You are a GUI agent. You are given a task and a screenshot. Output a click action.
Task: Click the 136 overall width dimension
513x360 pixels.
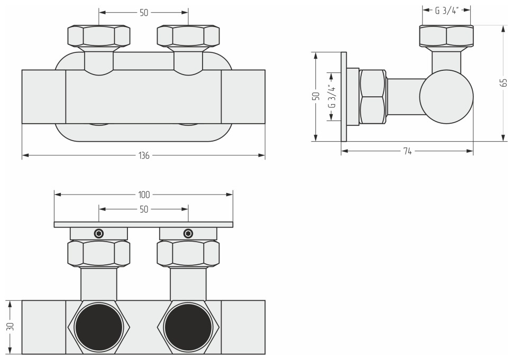coord(144,155)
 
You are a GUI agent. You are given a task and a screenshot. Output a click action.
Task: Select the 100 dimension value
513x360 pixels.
coord(144,195)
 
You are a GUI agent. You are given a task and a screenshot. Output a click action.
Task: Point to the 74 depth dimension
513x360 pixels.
coord(407,151)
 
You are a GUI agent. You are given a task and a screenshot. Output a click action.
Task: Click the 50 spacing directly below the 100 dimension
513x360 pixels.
coord(144,209)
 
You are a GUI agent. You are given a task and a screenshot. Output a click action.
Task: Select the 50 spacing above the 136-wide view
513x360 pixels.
coord(144,13)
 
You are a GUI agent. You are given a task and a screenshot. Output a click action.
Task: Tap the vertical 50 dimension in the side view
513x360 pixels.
coord(315,96)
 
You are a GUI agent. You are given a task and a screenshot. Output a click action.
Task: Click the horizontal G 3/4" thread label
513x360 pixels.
coord(446,10)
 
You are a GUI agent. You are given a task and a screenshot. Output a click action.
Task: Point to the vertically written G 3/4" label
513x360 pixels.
coord(331,96)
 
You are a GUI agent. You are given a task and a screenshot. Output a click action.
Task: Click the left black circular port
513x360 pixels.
coord(99,327)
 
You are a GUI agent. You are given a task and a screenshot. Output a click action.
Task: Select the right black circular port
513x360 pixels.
coord(188,327)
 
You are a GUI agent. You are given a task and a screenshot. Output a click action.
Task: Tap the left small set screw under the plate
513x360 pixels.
coord(99,233)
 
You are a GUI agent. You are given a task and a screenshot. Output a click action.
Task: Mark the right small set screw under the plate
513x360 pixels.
coord(188,233)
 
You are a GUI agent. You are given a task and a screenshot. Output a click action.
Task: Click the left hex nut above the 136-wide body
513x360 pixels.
coord(99,36)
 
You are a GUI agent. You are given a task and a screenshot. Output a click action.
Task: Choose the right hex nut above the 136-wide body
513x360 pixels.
coord(188,36)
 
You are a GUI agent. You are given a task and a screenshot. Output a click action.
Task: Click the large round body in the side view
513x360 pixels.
coord(446,97)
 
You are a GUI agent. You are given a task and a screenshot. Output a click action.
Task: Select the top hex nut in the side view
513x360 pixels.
coord(446,36)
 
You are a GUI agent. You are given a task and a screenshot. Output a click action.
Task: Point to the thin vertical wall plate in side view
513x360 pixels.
coord(344,96)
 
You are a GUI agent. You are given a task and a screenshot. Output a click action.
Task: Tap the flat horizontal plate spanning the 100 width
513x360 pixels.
coord(144,225)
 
